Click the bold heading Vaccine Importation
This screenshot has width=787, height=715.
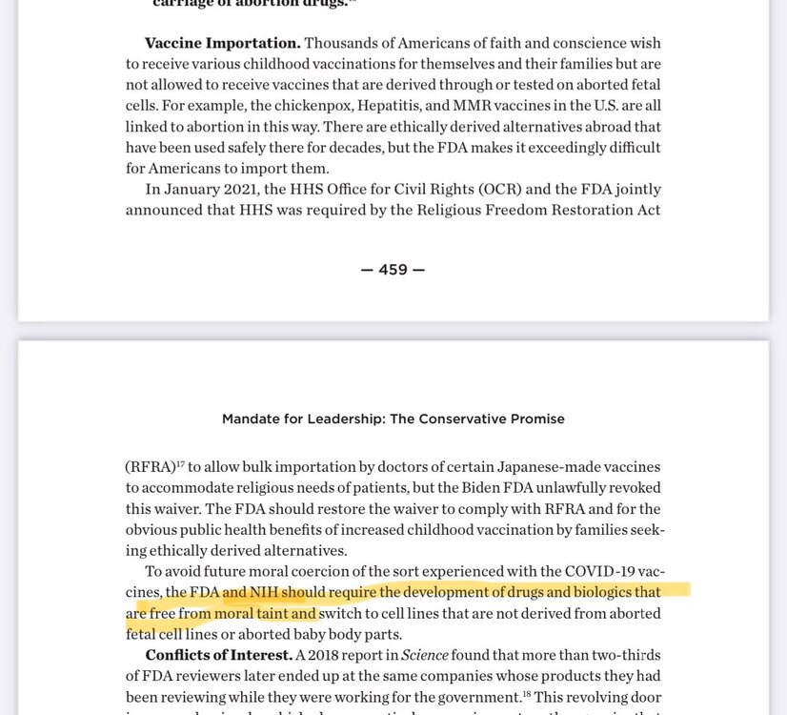click(222, 44)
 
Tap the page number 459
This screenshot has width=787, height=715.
click(393, 270)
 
